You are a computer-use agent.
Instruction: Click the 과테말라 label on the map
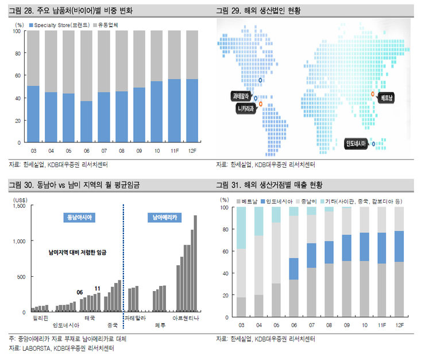point(240,96)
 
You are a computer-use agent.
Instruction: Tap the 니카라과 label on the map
point(243,107)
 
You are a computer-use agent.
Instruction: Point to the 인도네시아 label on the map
point(356,142)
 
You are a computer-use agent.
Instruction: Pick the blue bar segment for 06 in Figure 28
point(86,121)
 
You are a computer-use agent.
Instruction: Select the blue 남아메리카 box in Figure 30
point(163,218)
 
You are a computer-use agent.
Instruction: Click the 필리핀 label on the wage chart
point(40,318)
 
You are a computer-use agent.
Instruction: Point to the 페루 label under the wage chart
point(160,325)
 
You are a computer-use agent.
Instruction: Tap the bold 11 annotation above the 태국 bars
point(98,288)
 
